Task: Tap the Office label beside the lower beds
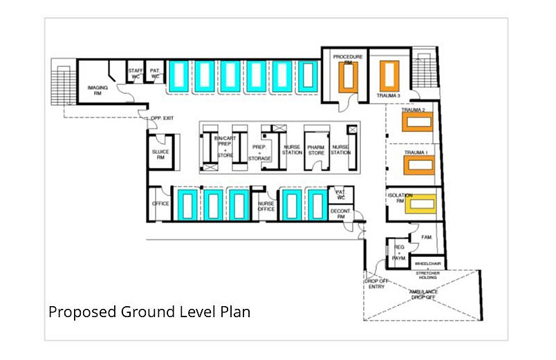pyautogui.click(x=160, y=204)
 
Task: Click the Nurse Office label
pyautogui.click(x=266, y=205)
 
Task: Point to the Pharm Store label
pyautogui.click(x=316, y=149)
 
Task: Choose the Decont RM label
pyautogui.click(x=338, y=214)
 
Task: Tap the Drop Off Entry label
pyautogui.click(x=374, y=284)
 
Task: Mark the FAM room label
pyautogui.click(x=426, y=237)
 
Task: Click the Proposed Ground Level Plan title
pyautogui.click(x=149, y=312)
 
